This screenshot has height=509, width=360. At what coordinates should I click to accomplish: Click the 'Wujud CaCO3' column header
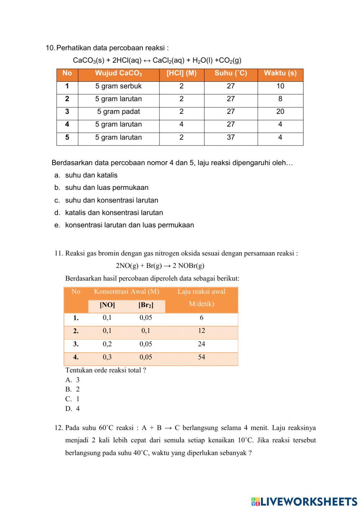tap(118, 73)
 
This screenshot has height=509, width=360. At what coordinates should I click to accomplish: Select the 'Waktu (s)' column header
tap(280, 73)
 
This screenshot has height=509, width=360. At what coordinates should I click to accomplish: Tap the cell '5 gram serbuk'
tap(118, 86)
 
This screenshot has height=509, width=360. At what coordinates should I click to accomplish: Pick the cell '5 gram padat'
tap(118, 112)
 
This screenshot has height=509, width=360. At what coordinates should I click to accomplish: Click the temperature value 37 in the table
tap(231, 137)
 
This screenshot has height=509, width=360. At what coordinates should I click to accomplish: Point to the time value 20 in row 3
tap(280, 112)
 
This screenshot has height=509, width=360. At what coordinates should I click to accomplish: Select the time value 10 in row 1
tap(280, 86)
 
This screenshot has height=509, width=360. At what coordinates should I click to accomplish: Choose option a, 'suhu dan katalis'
tap(91, 175)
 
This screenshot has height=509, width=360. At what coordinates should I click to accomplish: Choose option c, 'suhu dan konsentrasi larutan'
tap(111, 200)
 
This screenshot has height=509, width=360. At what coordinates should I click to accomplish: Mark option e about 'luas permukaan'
tap(129, 225)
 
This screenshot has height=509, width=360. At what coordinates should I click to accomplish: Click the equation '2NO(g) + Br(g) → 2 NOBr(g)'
tap(160, 266)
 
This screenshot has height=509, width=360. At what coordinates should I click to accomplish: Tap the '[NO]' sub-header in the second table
tap(107, 305)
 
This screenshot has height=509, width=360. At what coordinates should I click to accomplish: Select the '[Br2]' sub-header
tap(146, 305)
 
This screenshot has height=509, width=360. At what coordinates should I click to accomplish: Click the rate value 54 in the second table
tap(201, 357)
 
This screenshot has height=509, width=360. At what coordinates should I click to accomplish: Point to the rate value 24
tap(201, 344)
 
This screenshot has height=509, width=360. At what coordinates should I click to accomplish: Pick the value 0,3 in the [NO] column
tap(107, 357)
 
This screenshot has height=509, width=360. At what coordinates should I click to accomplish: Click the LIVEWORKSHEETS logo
tap(304, 501)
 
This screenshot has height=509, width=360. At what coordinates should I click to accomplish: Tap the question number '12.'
tap(59, 428)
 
